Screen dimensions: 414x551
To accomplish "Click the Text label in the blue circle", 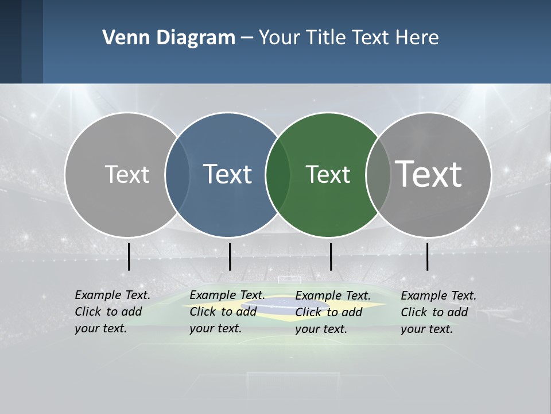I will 228,174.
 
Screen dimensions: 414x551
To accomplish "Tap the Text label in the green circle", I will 328,174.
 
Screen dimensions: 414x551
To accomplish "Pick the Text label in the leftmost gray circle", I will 127,174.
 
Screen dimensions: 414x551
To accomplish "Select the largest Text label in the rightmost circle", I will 429,174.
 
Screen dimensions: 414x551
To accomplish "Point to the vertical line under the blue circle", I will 230,256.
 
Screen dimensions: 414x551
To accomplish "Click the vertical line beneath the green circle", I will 331,256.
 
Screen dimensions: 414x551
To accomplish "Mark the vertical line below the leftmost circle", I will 129,256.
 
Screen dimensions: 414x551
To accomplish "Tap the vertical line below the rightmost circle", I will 427,256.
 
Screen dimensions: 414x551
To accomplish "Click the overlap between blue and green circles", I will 278,175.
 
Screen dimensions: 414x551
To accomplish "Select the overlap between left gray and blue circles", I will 177,175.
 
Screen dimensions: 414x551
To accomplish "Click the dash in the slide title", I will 247,38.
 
